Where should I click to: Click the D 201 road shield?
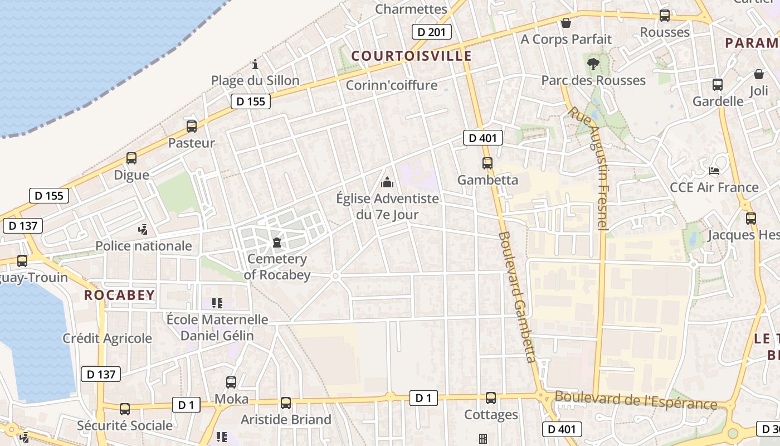click(x=432, y=32)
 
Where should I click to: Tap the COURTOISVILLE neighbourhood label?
click(x=412, y=56)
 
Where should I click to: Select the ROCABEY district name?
click(x=119, y=295)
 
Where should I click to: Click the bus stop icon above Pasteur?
click(x=192, y=127)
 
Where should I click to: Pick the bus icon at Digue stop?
click(x=131, y=158)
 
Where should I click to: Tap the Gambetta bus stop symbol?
click(x=487, y=163)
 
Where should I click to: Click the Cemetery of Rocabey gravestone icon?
click(x=276, y=243)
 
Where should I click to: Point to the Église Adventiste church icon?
click(x=387, y=182)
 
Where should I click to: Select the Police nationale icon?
click(x=144, y=229)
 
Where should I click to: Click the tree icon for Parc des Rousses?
click(x=593, y=64)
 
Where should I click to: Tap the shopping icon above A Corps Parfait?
click(x=566, y=23)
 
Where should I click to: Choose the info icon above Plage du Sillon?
click(x=255, y=64)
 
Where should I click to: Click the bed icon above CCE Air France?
click(x=714, y=171)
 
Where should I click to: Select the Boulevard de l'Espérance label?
click(x=636, y=400)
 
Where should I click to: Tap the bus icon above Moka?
click(x=231, y=382)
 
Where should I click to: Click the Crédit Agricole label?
click(x=107, y=338)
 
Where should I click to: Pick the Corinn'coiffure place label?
click(x=392, y=85)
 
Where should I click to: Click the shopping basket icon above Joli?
click(x=759, y=74)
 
